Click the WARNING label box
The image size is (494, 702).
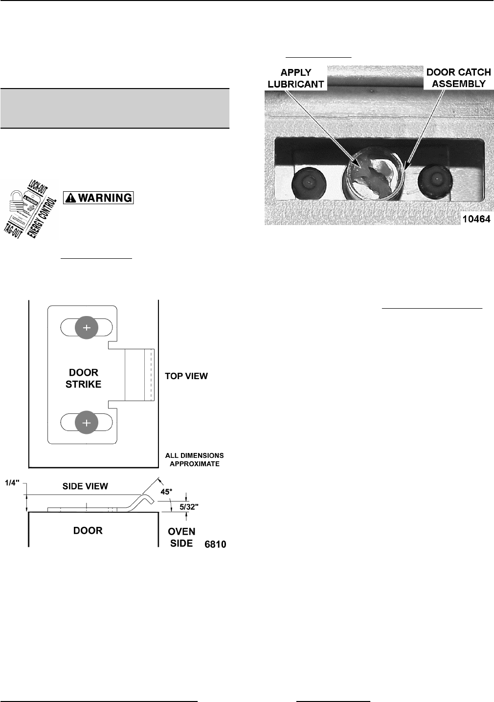tap(98, 198)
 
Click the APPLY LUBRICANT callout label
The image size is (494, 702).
tap(296, 78)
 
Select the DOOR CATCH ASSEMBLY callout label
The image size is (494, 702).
tap(458, 78)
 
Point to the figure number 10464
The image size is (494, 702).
tap(476, 219)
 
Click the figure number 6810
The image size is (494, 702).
tap(215, 543)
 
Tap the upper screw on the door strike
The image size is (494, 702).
tap(87, 328)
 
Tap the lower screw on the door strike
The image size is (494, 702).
tap(87, 423)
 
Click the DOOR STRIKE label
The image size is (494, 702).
tap(84, 379)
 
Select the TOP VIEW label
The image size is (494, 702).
tap(186, 376)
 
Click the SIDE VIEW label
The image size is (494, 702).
tap(85, 486)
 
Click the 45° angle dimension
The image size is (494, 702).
tap(167, 492)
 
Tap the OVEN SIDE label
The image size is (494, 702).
tap(181, 537)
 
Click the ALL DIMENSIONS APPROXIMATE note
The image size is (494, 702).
tap(194, 459)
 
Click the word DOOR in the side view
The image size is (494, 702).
tap(88, 531)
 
